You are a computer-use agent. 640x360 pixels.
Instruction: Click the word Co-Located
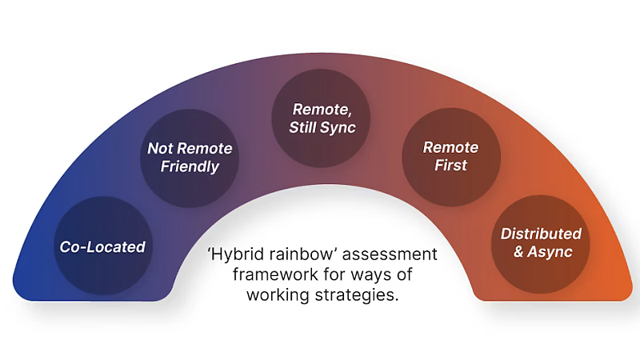pyautogui.click(x=102, y=247)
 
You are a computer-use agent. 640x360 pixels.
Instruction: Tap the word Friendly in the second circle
pyautogui.click(x=190, y=166)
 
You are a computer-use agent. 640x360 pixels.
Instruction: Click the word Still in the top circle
pyautogui.click(x=303, y=127)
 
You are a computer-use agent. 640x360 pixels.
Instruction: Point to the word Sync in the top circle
pyautogui.click(x=338, y=128)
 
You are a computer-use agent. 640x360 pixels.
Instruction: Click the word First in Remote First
pyautogui.click(x=450, y=166)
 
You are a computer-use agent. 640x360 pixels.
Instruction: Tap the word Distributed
pyautogui.click(x=541, y=234)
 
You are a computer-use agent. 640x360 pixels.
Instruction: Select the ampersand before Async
pyautogui.click(x=518, y=252)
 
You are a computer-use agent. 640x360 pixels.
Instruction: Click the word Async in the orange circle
pyautogui.click(x=550, y=252)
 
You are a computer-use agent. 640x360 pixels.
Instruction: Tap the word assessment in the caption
pyautogui.click(x=390, y=254)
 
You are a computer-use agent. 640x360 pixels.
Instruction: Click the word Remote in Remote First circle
pyautogui.click(x=450, y=147)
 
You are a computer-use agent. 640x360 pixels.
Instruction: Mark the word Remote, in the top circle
pyautogui.click(x=322, y=110)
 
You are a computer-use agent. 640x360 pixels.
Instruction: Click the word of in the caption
pyautogui.click(x=404, y=274)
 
